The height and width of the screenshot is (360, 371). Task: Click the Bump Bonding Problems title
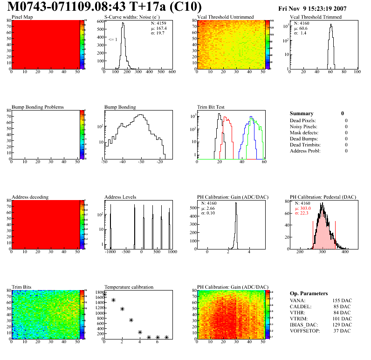click(38, 107)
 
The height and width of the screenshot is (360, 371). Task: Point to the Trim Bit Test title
click(211, 107)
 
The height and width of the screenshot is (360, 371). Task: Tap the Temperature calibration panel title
click(129, 287)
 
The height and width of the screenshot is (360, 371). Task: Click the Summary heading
click(302, 113)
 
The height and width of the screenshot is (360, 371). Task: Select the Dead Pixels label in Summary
click(303, 121)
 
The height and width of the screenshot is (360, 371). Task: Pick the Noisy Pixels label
click(303, 127)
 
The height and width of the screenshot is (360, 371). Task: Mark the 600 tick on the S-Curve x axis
click(172, 72)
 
